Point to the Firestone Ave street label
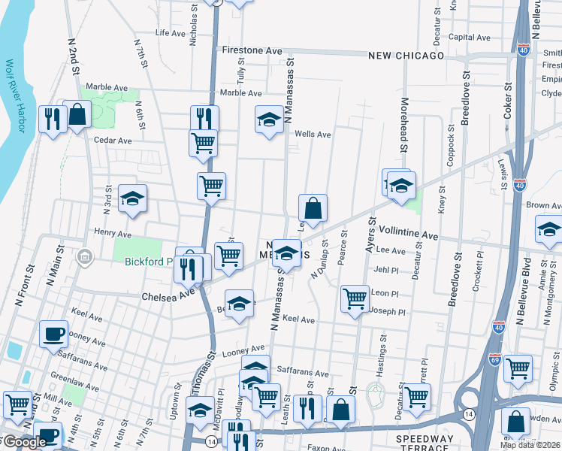[252, 50]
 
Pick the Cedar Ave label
[113, 140]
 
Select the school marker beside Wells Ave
[269, 120]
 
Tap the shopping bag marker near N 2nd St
[77, 115]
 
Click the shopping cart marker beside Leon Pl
[355, 297]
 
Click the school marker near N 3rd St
[133, 198]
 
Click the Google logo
[24, 442]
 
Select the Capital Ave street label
[469, 38]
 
